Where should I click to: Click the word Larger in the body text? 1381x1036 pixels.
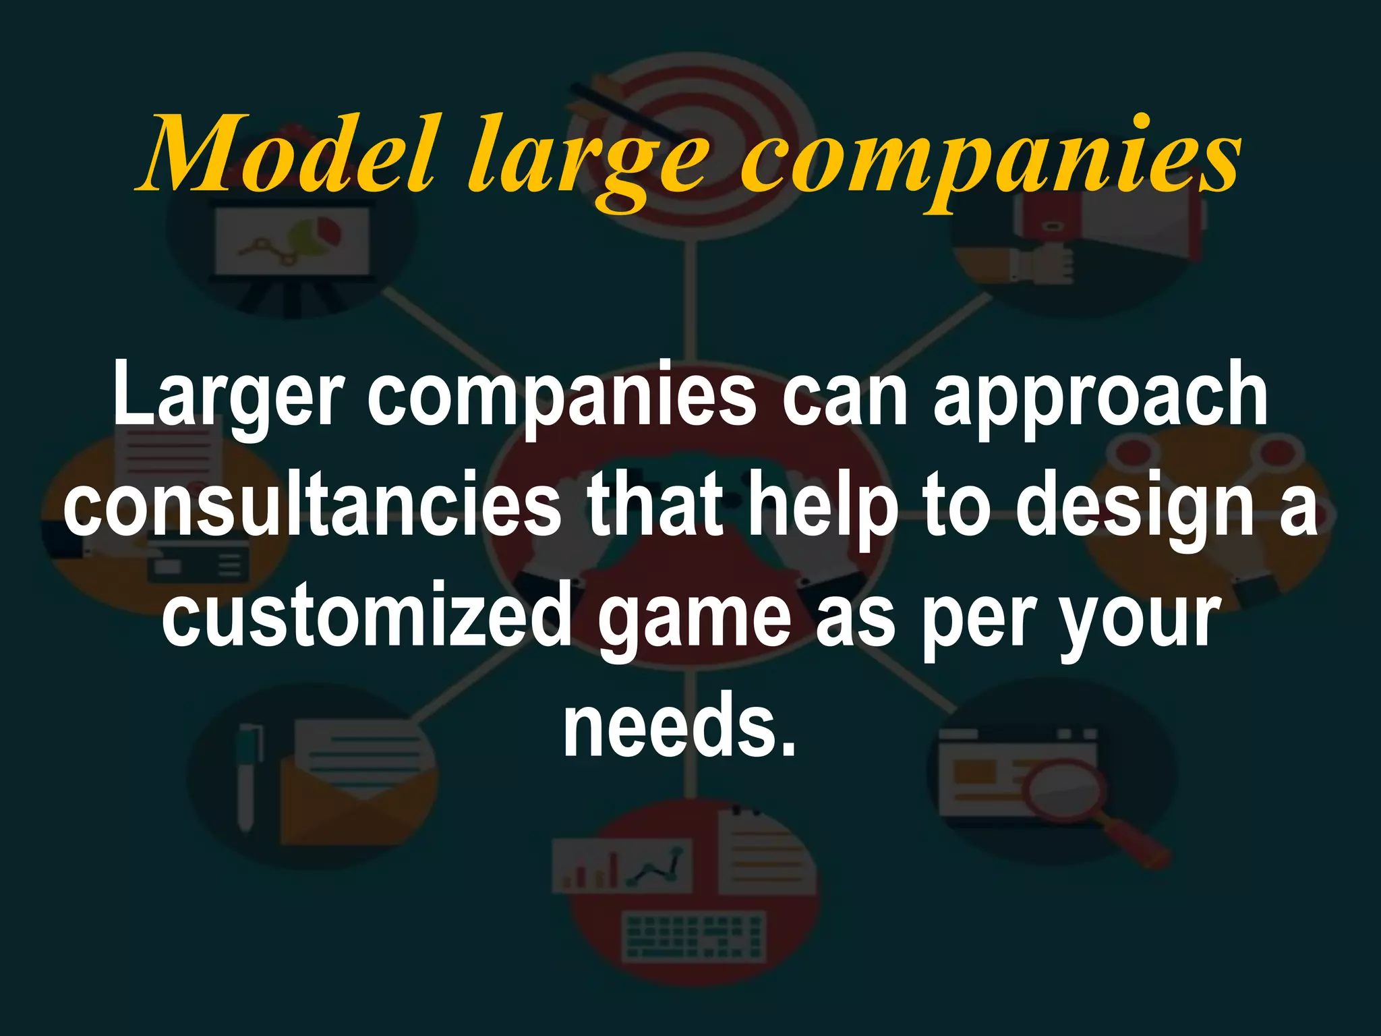pos(229,398)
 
